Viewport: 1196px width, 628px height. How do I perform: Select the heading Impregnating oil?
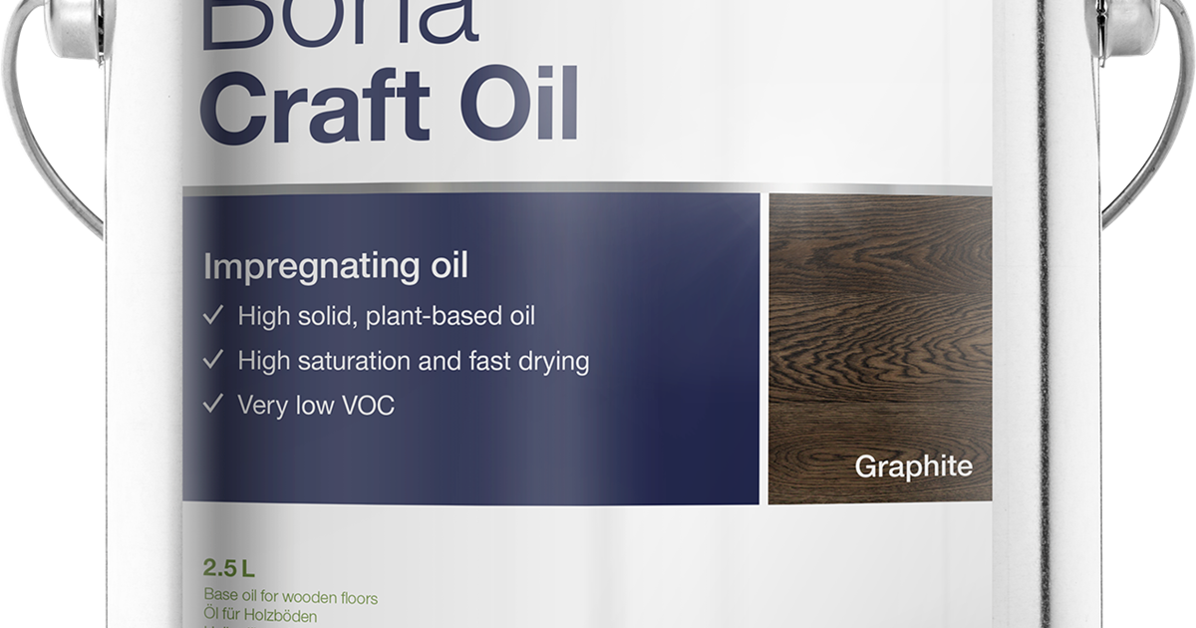click(x=336, y=267)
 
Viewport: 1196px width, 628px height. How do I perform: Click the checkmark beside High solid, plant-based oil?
click(x=212, y=317)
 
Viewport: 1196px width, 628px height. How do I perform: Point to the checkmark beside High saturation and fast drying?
click(x=212, y=361)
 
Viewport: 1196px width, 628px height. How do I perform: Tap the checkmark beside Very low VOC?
click(x=212, y=406)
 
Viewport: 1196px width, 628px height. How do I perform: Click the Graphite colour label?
click(x=913, y=467)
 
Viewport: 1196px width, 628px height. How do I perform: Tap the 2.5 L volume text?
click(x=229, y=570)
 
